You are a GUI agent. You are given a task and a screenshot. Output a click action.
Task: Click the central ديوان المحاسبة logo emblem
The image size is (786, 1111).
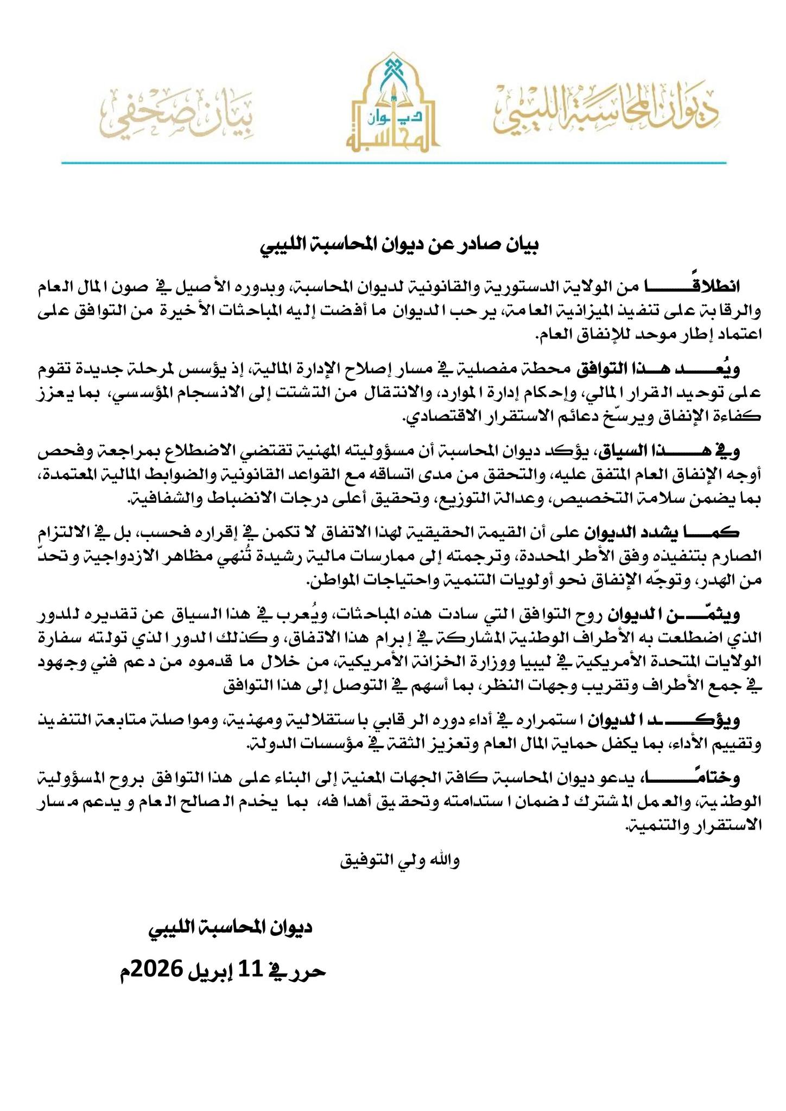tap(392, 103)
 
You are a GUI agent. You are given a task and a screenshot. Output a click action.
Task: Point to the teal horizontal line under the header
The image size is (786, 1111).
tap(393, 162)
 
